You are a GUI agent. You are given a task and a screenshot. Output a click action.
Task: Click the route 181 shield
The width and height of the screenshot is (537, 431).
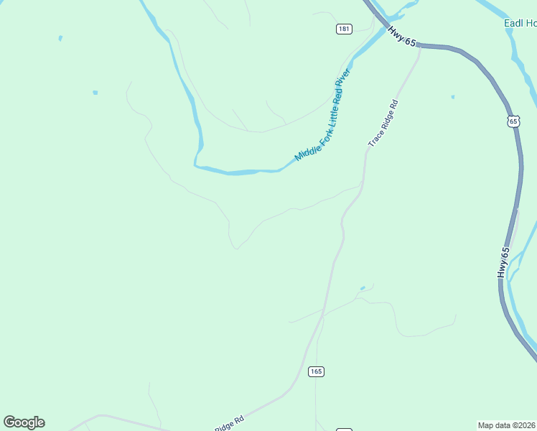pyautogui.click(x=344, y=29)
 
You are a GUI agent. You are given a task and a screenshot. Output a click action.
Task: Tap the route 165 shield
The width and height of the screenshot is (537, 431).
pyautogui.click(x=317, y=371)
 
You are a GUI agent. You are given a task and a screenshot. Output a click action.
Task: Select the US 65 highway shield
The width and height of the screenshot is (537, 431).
pyautogui.click(x=513, y=120)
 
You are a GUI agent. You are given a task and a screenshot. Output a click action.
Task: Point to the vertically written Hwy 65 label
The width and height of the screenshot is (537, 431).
pyautogui.click(x=504, y=263)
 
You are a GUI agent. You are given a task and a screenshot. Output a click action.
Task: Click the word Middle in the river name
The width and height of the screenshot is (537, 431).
pyautogui.click(x=305, y=152)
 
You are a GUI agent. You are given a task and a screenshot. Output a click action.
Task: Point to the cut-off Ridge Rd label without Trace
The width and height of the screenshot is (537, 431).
pyautogui.click(x=229, y=423)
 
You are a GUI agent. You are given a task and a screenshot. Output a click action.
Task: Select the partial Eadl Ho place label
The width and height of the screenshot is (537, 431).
pyautogui.click(x=519, y=23)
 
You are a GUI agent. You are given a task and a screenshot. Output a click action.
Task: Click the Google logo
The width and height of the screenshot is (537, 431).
pyautogui.click(x=24, y=422)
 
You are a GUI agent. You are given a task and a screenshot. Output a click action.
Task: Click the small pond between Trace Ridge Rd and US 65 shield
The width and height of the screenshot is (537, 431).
pyautogui.click(x=452, y=96)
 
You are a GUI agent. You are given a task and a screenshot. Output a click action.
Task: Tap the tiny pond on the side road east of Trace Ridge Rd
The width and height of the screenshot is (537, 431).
pyautogui.click(x=363, y=289)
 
